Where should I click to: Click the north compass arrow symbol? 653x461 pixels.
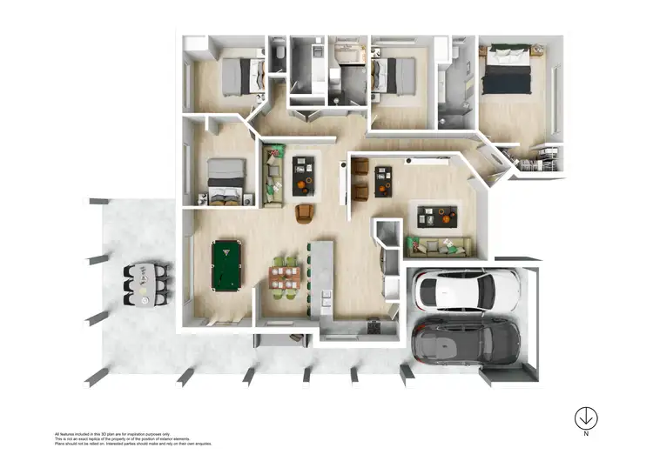coord(586,418)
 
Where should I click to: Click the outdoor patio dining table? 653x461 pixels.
coord(144,284)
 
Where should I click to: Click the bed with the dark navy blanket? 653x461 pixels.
coord(508,70)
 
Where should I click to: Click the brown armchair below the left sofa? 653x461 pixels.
coord(305,213)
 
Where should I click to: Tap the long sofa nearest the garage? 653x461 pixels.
coord(440,247)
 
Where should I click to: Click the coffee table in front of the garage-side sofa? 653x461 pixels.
coord(436,214)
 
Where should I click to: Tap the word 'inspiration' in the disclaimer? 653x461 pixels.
coord(153,432)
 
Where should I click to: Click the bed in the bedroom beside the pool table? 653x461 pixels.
coord(226,181)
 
